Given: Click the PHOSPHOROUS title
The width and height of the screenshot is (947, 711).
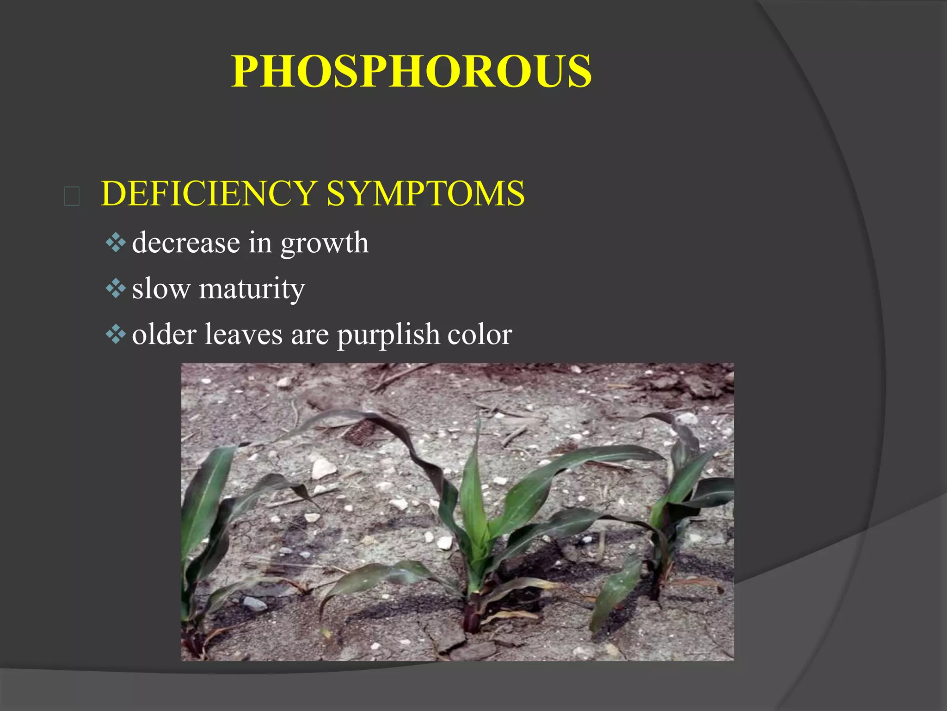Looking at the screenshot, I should pos(411,71).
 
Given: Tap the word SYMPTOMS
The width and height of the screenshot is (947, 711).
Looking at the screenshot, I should pos(426,193).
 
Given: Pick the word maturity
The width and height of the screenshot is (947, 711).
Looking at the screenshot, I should pos(252,289).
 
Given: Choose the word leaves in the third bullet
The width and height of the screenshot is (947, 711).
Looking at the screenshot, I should pos(243,334).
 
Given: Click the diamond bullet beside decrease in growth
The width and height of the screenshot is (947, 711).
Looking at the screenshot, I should pos(116,243).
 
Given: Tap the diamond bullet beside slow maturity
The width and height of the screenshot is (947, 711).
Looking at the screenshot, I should pos(116,289).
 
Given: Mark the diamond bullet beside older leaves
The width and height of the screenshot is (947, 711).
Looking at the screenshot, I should pos(116,334).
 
